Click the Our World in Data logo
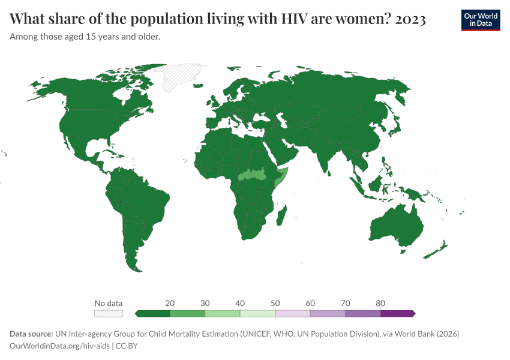point(481,20)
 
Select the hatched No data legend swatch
point(109,313)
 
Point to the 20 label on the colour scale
point(170,303)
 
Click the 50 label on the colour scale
point(275,303)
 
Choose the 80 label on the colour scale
point(380,303)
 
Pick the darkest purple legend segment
point(397,313)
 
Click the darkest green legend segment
point(153,313)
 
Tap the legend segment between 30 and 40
point(223,313)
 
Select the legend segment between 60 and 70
point(328,313)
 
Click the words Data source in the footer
point(31,334)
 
